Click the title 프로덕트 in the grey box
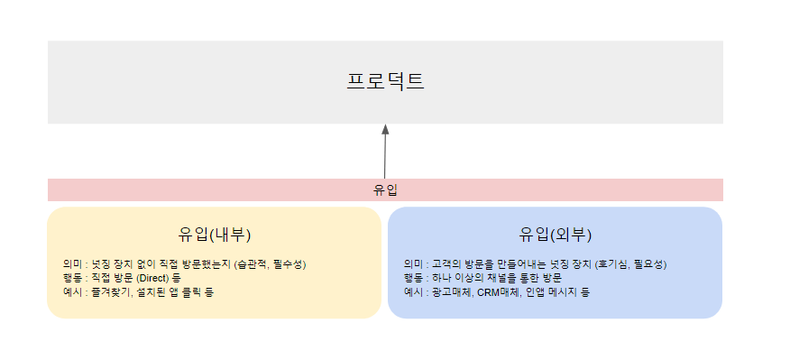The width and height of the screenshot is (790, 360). point(385,82)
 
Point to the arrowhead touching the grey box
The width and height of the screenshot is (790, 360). point(385,129)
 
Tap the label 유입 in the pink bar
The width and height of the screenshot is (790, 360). point(385,190)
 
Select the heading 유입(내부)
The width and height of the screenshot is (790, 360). point(215,235)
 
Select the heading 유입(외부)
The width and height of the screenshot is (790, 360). point(556,235)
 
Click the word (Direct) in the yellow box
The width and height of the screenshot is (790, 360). point(152,278)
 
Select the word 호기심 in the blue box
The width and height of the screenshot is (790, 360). point(611,263)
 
